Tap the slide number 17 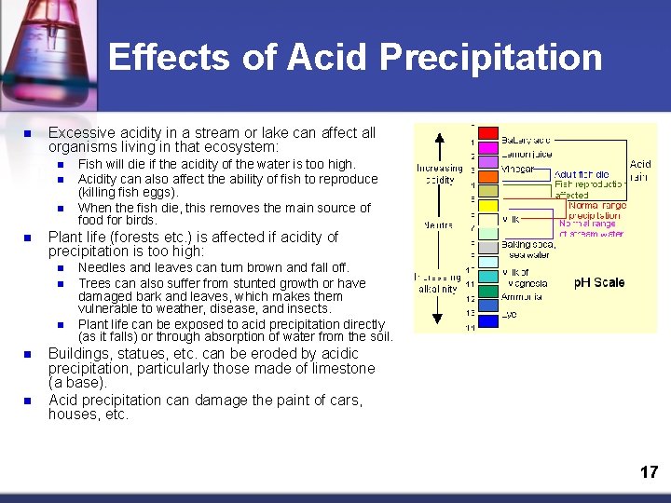[x=649, y=472]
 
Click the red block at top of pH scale [x=487, y=141]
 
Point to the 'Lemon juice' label [x=527, y=154]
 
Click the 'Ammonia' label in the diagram [x=523, y=297]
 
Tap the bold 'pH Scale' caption [x=599, y=282]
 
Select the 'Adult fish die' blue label [x=582, y=174]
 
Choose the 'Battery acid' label [x=526, y=140]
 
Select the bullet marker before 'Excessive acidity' [x=28, y=134]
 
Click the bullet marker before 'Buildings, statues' [x=28, y=355]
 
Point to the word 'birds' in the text [x=140, y=221]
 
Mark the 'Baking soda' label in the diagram [x=527, y=243]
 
